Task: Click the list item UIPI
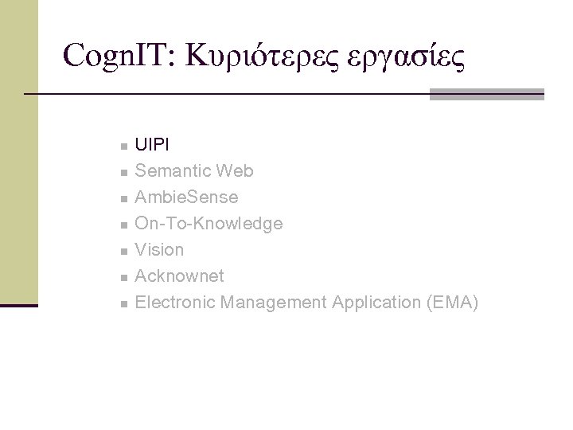click(x=151, y=145)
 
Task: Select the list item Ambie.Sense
click(x=186, y=197)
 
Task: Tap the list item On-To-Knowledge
click(x=209, y=224)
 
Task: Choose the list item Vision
click(x=159, y=250)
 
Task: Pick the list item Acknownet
click(x=180, y=276)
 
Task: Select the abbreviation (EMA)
click(x=451, y=303)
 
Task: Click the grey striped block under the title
click(x=486, y=95)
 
